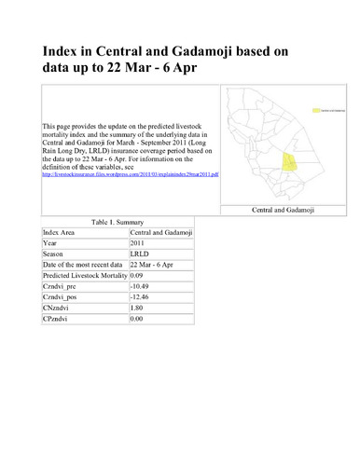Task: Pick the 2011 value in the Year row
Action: point(138,243)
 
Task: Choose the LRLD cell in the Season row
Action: point(140,254)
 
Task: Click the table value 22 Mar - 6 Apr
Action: point(154,266)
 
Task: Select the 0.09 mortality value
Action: point(137,277)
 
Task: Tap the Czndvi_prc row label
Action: point(62,287)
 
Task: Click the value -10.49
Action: point(141,287)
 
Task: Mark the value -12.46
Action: point(141,298)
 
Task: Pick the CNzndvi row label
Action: point(58,309)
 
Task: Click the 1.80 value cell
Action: point(137,309)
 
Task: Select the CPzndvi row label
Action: point(58,321)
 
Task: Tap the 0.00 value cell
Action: point(137,321)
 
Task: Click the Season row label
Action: point(54,254)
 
